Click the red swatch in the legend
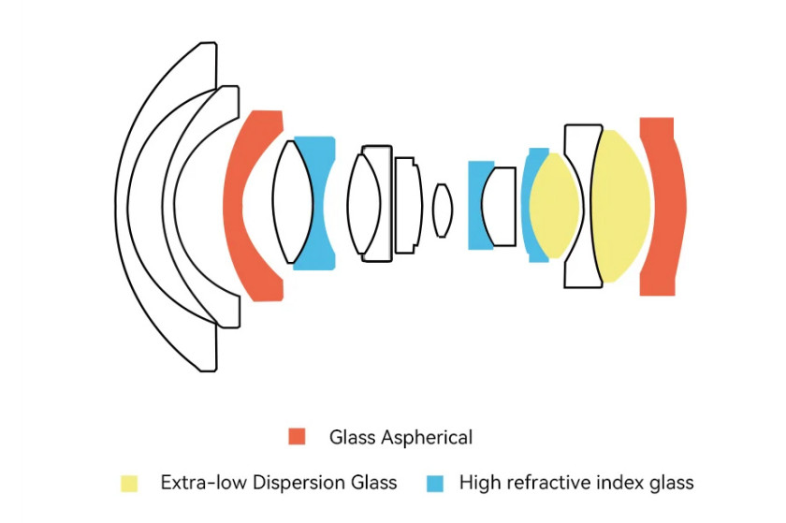(x=297, y=436)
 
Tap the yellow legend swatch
(x=129, y=483)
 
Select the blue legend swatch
(x=434, y=483)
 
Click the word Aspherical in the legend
(x=427, y=438)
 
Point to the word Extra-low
(x=204, y=483)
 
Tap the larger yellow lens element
(x=620, y=206)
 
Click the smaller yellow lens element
(x=554, y=206)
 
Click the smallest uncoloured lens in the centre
(x=442, y=211)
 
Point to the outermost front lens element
(x=122, y=206)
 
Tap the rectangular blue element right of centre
(x=475, y=206)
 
